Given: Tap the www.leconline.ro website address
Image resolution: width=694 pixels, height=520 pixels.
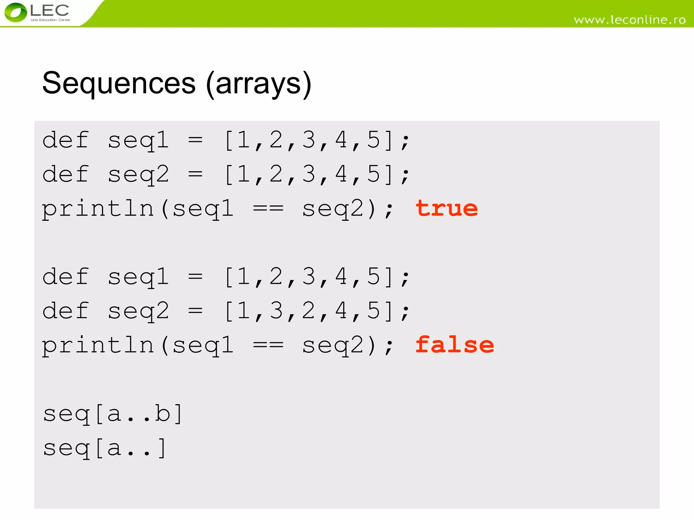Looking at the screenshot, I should pyautogui.click(x=630, y=20).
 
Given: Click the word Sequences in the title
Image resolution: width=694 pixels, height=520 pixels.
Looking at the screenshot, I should pyautogui.click(x=119, y=83).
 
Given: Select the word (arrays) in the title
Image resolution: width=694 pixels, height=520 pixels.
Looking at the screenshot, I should pyautogui.click(x=259, y=84).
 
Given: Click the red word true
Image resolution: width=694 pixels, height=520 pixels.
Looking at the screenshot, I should pyautogui.click(x=447, y=208).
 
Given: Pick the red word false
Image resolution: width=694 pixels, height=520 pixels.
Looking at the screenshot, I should pyautogui.click(x=454, y=345).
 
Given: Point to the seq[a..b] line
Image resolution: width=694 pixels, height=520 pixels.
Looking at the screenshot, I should pyautogui.click(x=113, y=414).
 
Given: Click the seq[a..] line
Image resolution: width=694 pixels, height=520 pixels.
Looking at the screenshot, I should pyautogui.click(x=105, y=448).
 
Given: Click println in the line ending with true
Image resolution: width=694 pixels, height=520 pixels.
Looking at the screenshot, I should pyautogui.click(x=98, y=209).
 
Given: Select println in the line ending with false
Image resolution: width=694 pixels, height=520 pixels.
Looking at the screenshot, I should pyautogui.click(x=98, y=345).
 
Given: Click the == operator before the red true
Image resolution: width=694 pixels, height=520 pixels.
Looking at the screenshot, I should pyautogui.click(x=268, y=209).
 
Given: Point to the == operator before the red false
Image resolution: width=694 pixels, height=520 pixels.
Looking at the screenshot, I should pyautogui.click(x=268, y=345).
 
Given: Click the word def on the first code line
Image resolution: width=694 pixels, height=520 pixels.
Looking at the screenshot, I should pyautogui.click(x=66, y=140).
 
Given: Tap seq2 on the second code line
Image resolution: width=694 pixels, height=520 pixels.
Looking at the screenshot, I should pyautogui.click(x=138, y=175).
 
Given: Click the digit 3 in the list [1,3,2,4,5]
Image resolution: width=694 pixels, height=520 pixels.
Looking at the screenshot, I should pyautogui.click(x=276, y=310).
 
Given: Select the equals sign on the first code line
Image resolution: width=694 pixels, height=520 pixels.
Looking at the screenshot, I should pyautogui.click(x=196, y=140).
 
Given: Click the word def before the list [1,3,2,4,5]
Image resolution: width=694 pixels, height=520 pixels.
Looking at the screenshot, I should pyautogui.click(x=66, y=310).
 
